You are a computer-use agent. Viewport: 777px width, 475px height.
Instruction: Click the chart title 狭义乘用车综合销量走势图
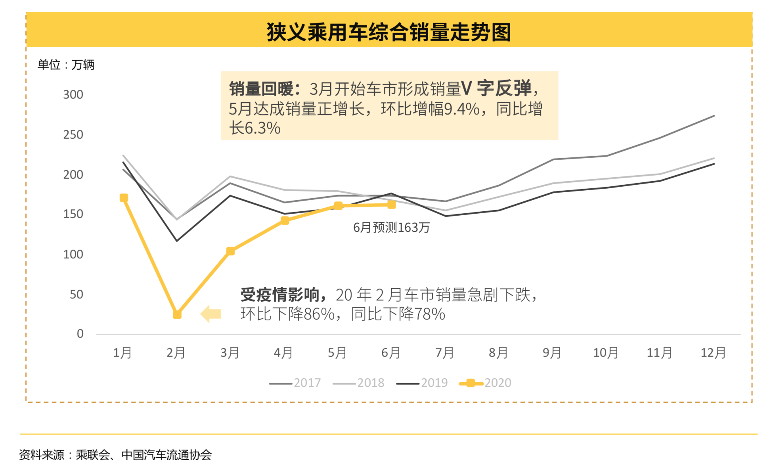pyautogui.click(x=388, y=32)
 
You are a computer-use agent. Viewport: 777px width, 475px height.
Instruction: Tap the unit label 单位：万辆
pyautogui.click(x=66, y=65)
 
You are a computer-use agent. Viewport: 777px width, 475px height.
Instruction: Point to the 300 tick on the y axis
pyautogui.click(x=73, y=95)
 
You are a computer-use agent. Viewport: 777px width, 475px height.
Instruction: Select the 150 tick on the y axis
pyautogui.click(x=73, y=214)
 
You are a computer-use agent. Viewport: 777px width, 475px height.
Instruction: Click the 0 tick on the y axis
pyautogui.click(x=80, y=334)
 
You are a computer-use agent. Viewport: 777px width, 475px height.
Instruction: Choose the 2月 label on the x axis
pyautogui.click(x=176, y=352)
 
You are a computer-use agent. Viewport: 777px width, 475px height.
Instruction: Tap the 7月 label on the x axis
pyautogui.click(x=444, y=352)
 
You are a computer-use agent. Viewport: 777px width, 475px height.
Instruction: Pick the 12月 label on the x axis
pyautogui.click(x=713, y=352)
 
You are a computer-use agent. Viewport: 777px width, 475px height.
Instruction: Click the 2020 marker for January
pyautogui.click(x=124, y=198)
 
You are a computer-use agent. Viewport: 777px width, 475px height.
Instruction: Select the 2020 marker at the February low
pyautogui.click(x=177, y=314)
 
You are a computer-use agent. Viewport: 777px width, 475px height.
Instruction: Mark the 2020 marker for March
pyautogui.click(x=231, y=251)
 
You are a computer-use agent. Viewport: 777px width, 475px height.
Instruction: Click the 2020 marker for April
pyautogui.click(x=285, y=220)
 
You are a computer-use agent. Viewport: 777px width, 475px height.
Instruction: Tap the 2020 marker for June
pyautogui.click(x=392, y=205)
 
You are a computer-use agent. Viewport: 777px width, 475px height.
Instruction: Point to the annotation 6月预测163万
pyautogui.click(x=391, y=228)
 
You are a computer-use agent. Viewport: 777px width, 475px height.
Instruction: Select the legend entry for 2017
pyautogui.click(x=295, y=383)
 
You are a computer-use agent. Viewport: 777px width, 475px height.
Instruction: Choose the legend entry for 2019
pyautogui.click(x=422, y=383)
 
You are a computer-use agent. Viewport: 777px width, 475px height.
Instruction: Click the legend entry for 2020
pyautogui.click(x=485, y=383)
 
